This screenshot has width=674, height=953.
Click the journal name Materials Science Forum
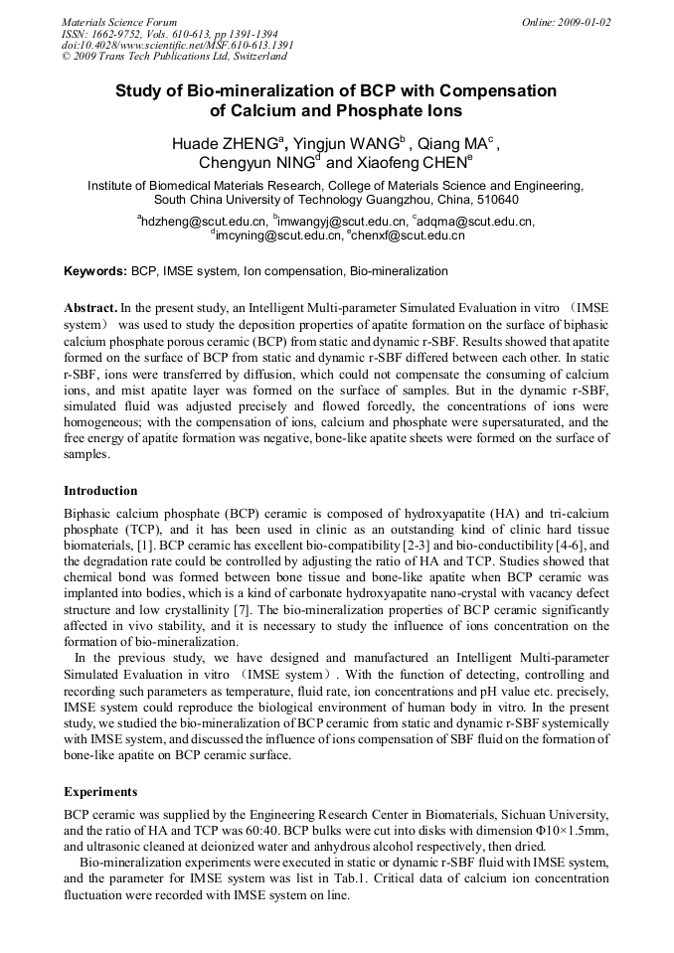tap(119, 22)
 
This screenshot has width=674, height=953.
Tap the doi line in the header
tap(177, 46)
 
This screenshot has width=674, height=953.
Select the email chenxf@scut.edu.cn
tap(408, 237)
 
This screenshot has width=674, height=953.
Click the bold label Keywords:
tap(95, 271)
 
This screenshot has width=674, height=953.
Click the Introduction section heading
tap(100, 490)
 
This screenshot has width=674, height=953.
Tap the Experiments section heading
tap(100, 791)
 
